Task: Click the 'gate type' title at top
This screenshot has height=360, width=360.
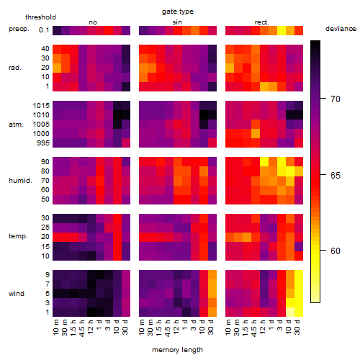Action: click(178, 12)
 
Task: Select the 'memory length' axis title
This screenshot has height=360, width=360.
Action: click(177, 350)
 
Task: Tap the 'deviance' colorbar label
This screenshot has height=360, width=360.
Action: click(341, 29)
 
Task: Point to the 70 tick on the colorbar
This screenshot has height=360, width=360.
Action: click(336, 99)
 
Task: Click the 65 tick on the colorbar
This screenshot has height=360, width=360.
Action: click(336, 176)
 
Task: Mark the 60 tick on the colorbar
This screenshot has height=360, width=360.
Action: click(336, 251)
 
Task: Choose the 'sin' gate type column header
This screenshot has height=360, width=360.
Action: click(177, 22)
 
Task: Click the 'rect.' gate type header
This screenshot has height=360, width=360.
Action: click(262, 22)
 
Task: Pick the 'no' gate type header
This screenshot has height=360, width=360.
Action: click(93, 22)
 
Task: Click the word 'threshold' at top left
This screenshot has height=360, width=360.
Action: click(40, 17)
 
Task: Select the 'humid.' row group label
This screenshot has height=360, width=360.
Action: click(20, 181)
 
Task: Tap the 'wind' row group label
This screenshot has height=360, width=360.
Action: click(17, 294)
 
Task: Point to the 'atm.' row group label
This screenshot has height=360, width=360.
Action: click(16, 125)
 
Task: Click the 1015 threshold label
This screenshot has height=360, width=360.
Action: click(41, 106)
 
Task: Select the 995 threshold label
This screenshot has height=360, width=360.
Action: click(43, 143)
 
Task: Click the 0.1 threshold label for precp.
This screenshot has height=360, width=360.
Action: click(44, 30)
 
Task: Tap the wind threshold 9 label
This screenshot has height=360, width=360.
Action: click(48, 275)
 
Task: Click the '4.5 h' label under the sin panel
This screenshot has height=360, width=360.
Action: click(168, 328)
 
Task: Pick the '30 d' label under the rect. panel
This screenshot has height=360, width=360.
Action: click(297, 327)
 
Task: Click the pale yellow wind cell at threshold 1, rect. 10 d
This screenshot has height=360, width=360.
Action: click(290, 312)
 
